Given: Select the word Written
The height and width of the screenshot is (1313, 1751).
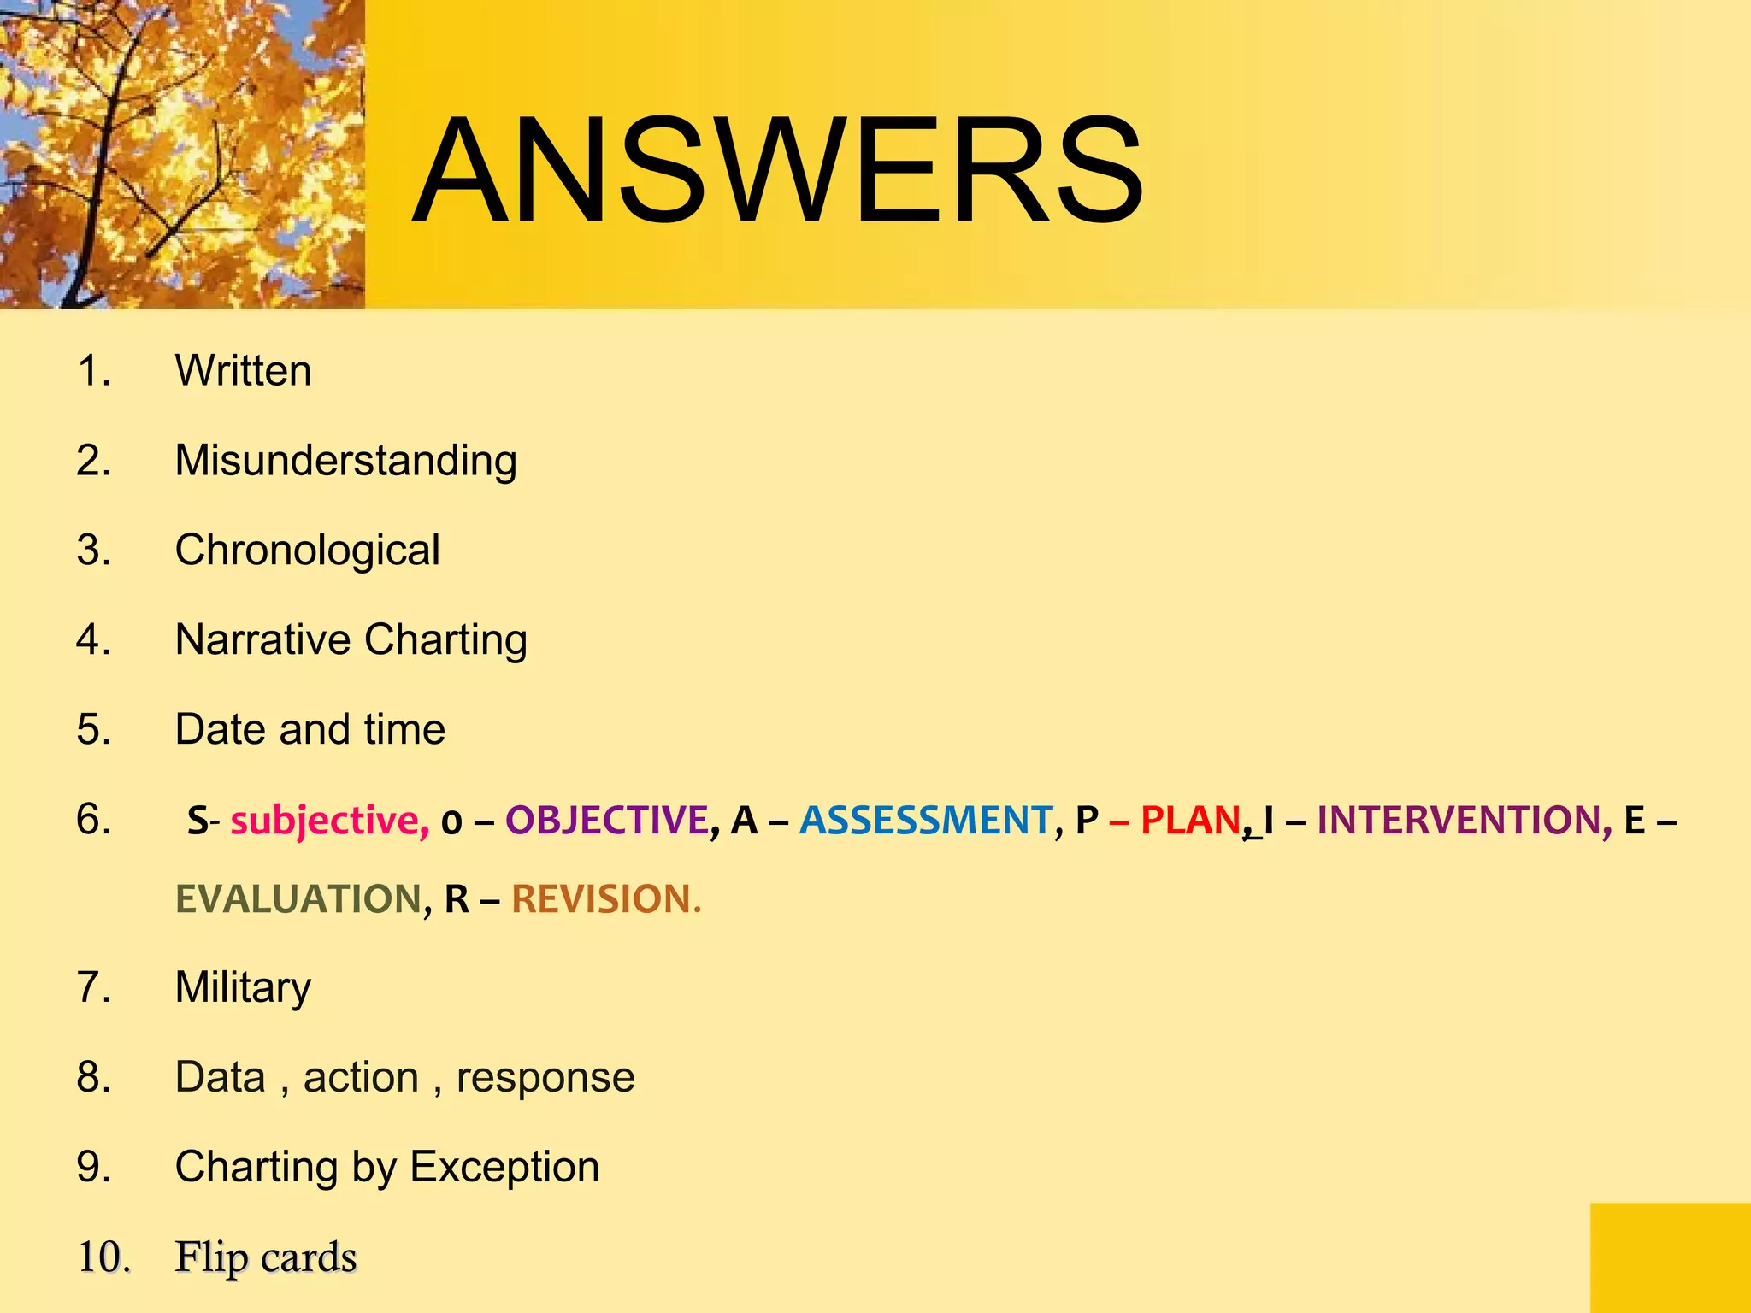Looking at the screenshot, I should coord(244,371).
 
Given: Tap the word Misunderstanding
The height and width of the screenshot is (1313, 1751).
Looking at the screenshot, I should coord(346,462).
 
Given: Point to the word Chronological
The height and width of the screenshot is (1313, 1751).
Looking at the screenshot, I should coord(308,550).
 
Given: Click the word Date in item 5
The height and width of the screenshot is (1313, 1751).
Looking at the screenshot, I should coord(220,729).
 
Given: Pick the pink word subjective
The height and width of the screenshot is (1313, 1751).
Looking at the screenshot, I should coord(329,821).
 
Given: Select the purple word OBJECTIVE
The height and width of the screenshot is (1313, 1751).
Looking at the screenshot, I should coord(607,821).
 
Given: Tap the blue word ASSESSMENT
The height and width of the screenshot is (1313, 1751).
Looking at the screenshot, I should coord(926,821).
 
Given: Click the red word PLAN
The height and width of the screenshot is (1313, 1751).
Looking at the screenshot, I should coord(1190,821).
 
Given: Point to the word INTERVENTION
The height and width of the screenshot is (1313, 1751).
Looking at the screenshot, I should coord(1459,821).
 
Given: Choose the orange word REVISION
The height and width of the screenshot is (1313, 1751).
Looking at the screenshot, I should coord(605,899).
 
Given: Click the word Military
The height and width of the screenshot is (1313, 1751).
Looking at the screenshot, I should coord(244,988).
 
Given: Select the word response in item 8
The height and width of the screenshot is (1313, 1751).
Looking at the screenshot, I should coord(545,1077).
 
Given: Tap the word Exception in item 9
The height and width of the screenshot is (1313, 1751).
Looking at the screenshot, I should coord(504,1168).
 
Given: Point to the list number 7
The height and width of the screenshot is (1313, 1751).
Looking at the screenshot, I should coord(93,987).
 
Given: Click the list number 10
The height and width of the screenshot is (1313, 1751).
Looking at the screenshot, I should coord(103,1257).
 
